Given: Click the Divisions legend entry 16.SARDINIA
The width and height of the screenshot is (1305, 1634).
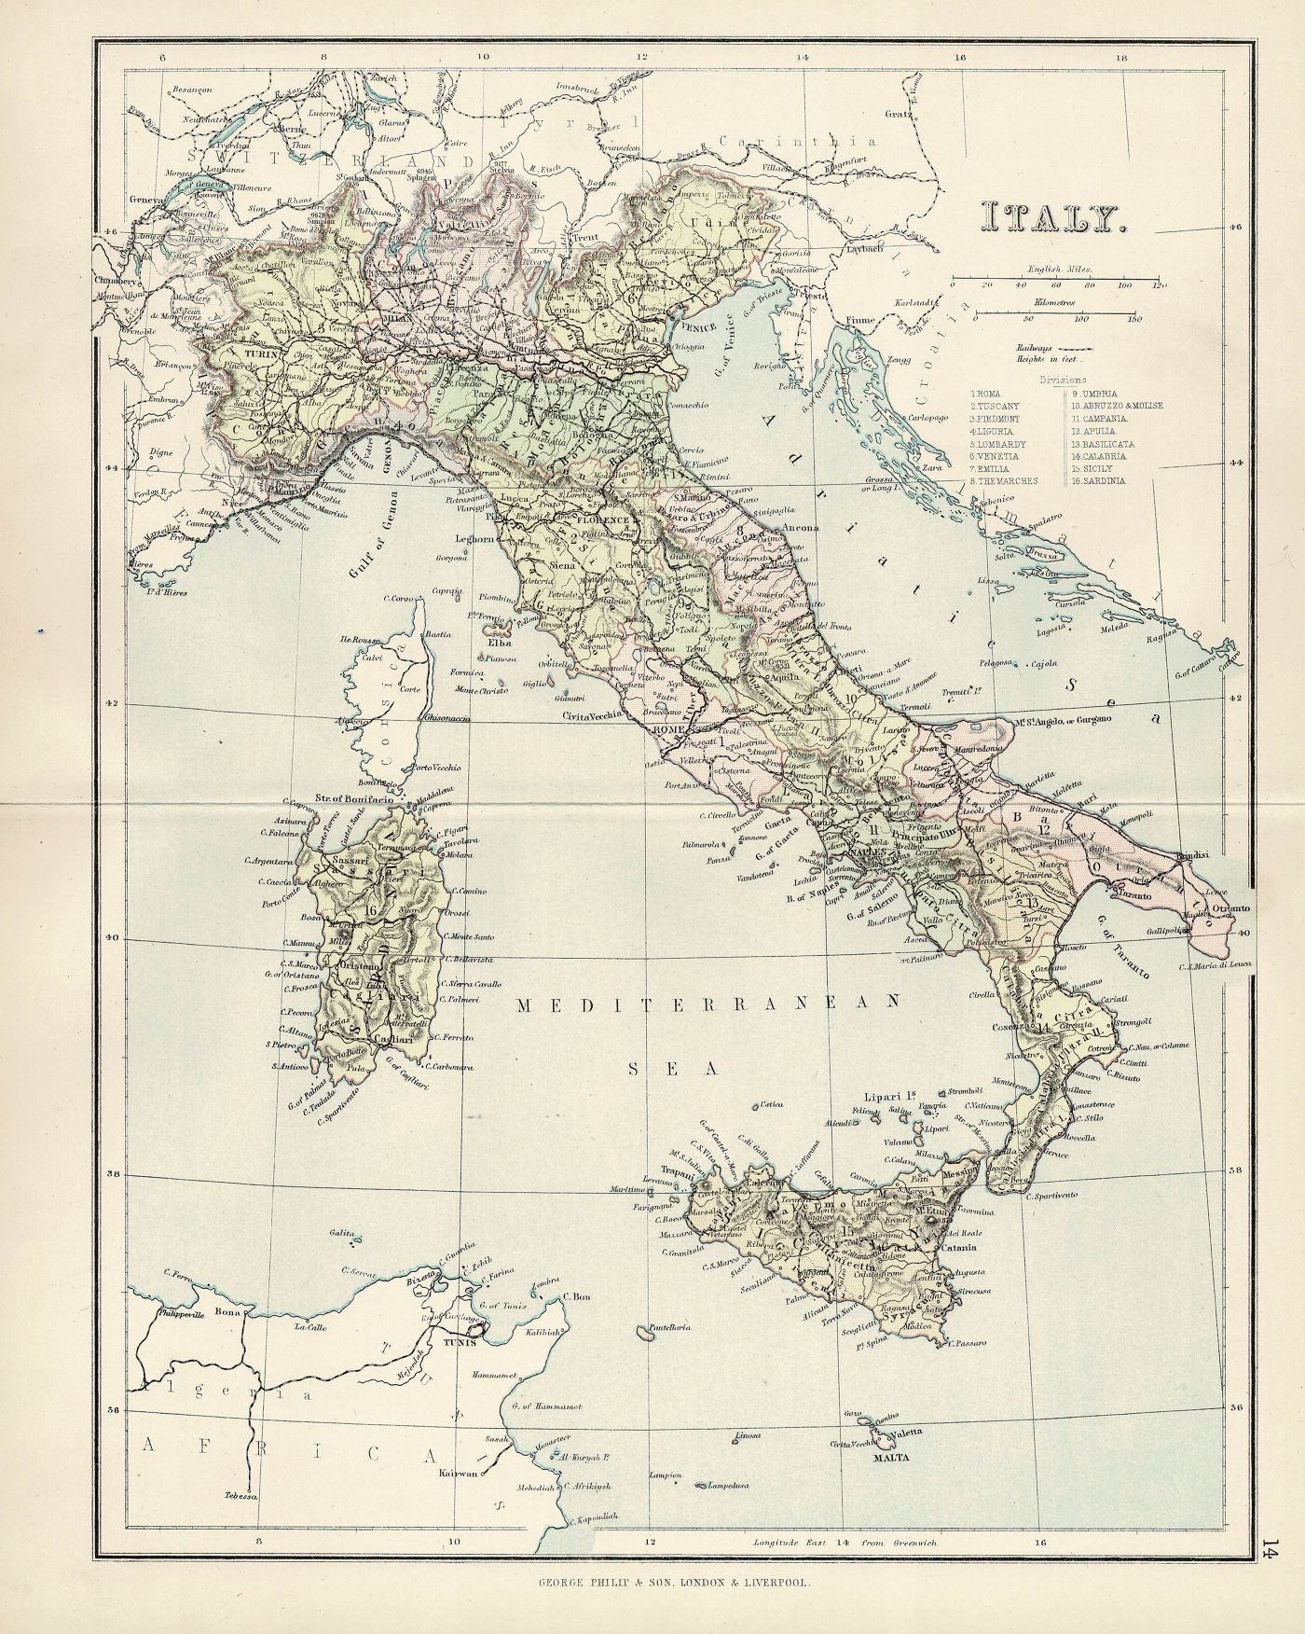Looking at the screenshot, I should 1098,480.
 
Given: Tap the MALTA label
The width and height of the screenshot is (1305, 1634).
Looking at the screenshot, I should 891,1456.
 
